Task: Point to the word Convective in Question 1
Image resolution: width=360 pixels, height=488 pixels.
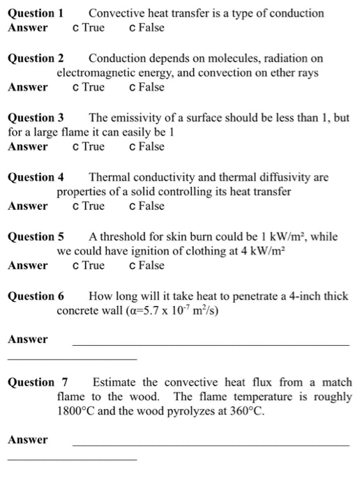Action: pos(115,13)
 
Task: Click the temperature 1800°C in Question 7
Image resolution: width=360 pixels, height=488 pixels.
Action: pos(77,411)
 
